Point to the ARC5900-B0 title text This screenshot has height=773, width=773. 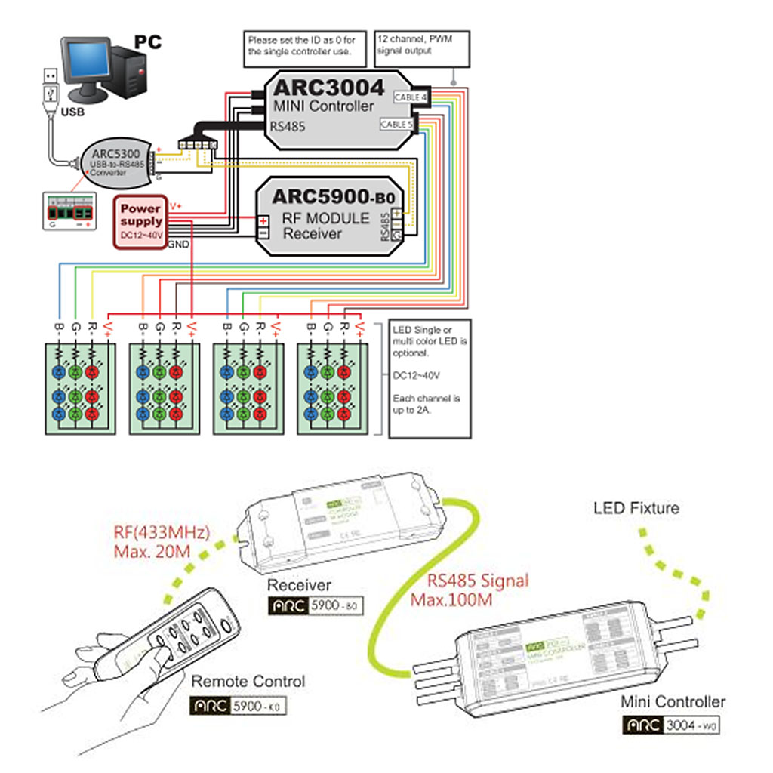pos(333,197)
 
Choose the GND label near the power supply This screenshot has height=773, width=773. pos(178,245)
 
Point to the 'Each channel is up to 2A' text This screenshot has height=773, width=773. pos(427,405)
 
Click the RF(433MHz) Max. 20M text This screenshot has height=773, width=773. pos(162,540)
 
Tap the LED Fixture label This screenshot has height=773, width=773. pos(636,508)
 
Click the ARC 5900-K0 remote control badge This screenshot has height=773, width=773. pos(239,707)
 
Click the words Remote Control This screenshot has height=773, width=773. pos(248,682)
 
